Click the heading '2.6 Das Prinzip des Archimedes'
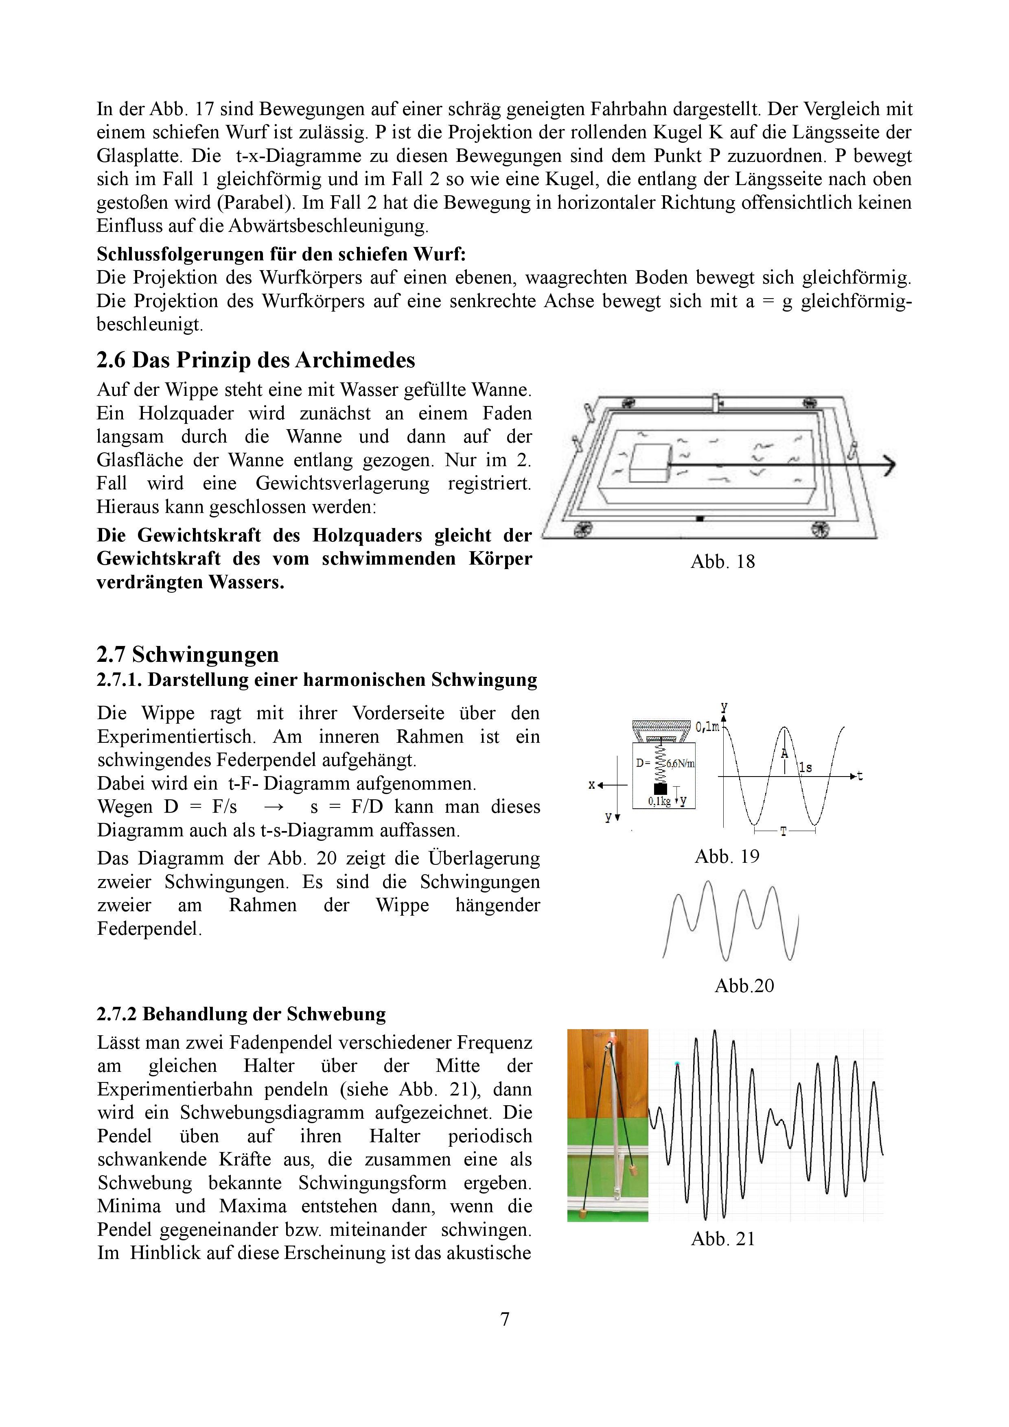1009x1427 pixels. (x=256, y=360)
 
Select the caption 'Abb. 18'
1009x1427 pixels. (x=722, y=562)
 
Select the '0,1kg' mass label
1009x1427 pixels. (x=659, y=802)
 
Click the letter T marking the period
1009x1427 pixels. (x=784, y=831)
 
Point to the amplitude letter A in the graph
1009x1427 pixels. (x=785, y=753)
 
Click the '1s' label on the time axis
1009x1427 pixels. (x=806, y=768)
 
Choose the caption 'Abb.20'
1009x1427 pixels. (x=744, y=986)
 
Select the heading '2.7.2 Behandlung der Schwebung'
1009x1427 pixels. (x=241, y=1014)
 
